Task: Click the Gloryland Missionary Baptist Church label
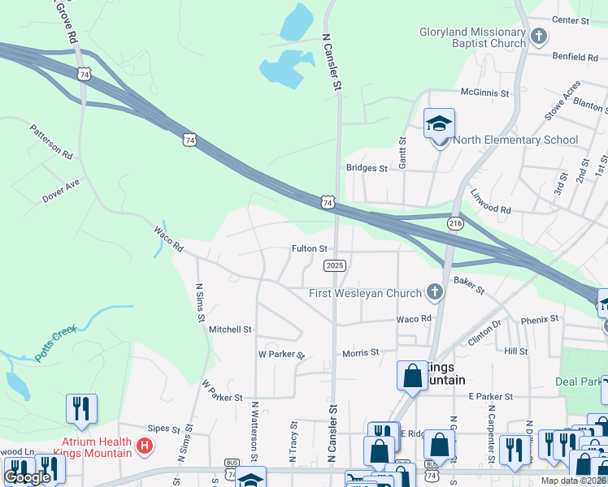(472, 37)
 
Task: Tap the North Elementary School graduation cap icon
(439, 124)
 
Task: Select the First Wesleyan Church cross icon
(435, 292)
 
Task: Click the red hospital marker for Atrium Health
(145, 446)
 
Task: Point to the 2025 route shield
(335, 265)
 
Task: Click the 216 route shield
(455, 222)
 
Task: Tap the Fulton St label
(310, 248)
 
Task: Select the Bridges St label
(367, 168)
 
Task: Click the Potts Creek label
(55, 343)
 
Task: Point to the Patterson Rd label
(52, 140)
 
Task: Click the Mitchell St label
(231, 330)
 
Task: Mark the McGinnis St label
(484, 93)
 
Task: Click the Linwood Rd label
(491, 202)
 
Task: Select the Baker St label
(469, 284)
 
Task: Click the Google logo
(27, 477)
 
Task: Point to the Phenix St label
(541, 319)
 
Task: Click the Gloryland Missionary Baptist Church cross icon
(538, 37)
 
